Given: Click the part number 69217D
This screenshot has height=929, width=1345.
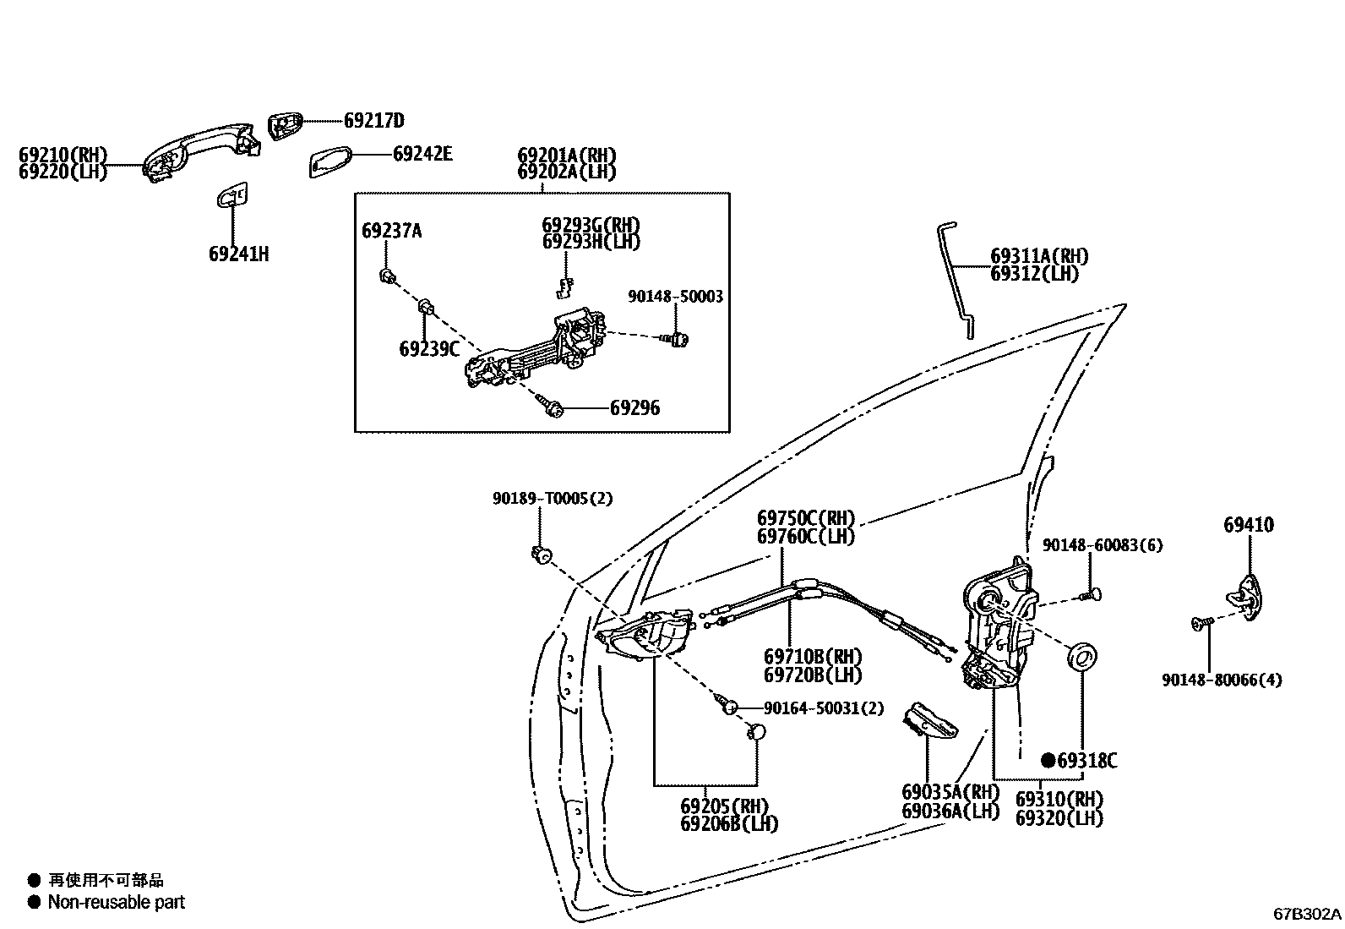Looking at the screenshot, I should point(373,120).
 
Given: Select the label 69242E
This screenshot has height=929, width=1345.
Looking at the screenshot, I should point(422,154).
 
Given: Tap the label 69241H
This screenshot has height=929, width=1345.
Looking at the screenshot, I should point(238,254).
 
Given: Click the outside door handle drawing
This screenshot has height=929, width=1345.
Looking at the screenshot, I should point(200,148).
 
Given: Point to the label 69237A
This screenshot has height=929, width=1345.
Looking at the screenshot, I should point(391,231).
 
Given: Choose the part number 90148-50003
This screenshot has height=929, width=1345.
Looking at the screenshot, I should point(675,297).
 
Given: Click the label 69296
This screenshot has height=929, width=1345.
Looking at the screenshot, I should point(634,408).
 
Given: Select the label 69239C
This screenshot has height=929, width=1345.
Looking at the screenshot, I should point(428,348).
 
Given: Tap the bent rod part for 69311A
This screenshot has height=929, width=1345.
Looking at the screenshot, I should point(958,279).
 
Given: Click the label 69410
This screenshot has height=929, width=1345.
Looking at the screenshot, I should point(1248,525).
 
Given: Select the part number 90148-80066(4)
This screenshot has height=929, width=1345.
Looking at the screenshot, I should point(1221,680).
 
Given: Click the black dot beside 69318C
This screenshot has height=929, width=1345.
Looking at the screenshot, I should point(1048,761).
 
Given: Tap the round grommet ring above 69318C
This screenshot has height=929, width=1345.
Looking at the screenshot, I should point(1082,656).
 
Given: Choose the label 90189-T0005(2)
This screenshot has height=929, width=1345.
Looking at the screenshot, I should point(553,499).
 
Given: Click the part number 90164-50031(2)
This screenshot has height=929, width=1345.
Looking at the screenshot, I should point(823,708).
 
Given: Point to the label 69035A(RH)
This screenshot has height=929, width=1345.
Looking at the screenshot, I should point(950,793).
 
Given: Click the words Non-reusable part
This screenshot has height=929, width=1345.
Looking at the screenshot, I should point(116,902).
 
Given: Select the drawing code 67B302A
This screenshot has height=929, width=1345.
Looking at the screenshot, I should point(1307,914).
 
